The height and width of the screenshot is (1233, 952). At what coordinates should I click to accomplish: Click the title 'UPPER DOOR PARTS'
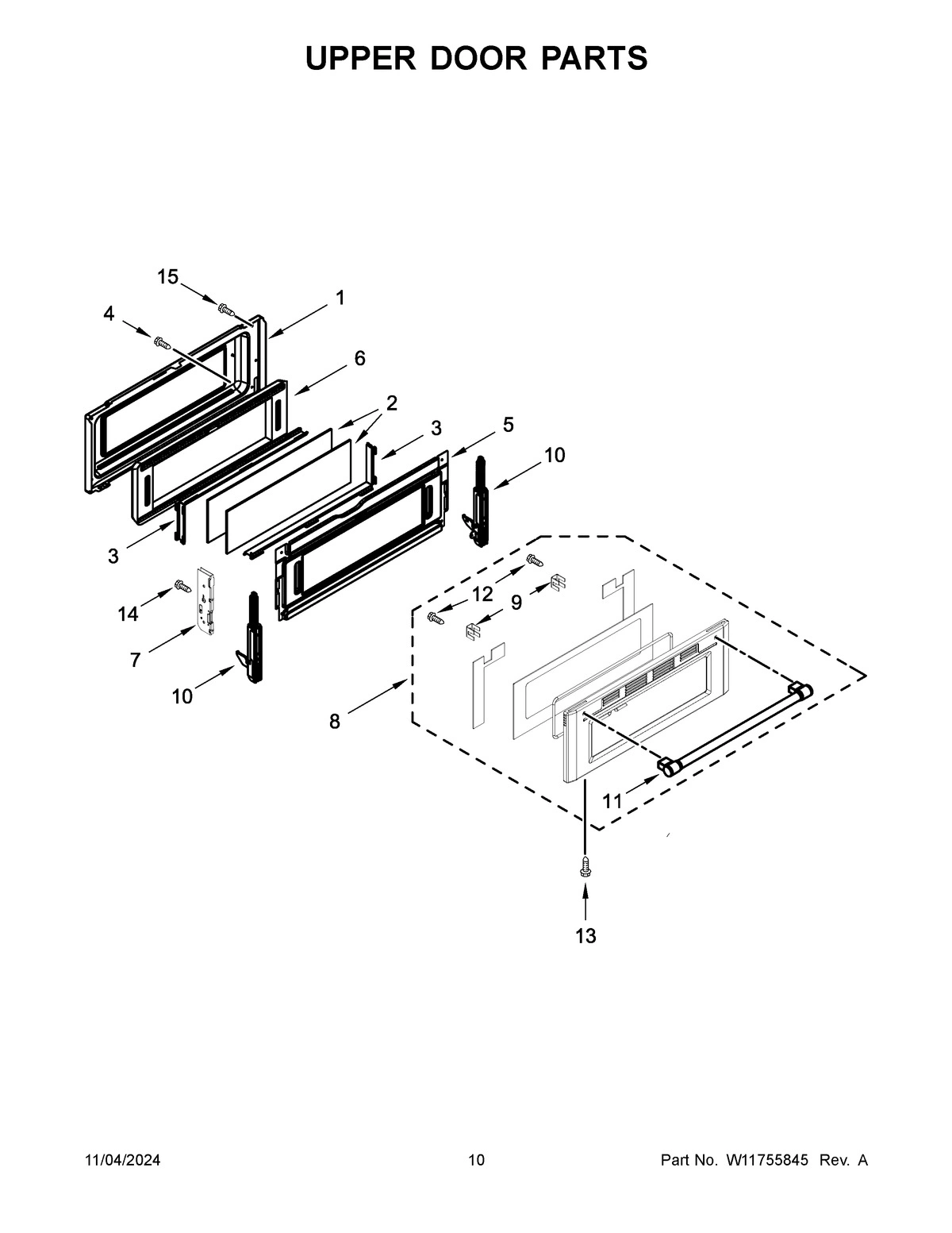476,59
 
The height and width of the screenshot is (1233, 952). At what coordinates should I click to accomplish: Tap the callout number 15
167,276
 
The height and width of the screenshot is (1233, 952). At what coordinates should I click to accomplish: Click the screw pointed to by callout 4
163,342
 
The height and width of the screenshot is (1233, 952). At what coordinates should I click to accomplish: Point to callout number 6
359,359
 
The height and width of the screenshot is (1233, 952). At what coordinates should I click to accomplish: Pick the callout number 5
508,425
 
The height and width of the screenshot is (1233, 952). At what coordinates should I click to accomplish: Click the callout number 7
135,659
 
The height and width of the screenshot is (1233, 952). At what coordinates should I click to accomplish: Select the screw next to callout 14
182,587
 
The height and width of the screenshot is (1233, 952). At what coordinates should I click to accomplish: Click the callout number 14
128,614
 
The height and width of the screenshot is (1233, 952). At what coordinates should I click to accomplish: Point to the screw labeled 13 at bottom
585,866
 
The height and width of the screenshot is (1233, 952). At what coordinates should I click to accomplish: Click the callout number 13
585,936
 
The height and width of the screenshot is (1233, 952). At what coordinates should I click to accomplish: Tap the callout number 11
612,802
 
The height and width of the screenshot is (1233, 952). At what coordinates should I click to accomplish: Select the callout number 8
334,721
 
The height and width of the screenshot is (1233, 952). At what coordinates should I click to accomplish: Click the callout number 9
516,603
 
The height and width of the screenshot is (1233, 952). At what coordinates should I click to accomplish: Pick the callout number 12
482,594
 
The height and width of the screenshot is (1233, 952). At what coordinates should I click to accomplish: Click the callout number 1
340,298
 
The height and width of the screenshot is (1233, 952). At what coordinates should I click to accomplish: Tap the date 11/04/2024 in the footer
122,1161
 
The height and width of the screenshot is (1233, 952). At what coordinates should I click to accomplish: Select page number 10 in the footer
476,1161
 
